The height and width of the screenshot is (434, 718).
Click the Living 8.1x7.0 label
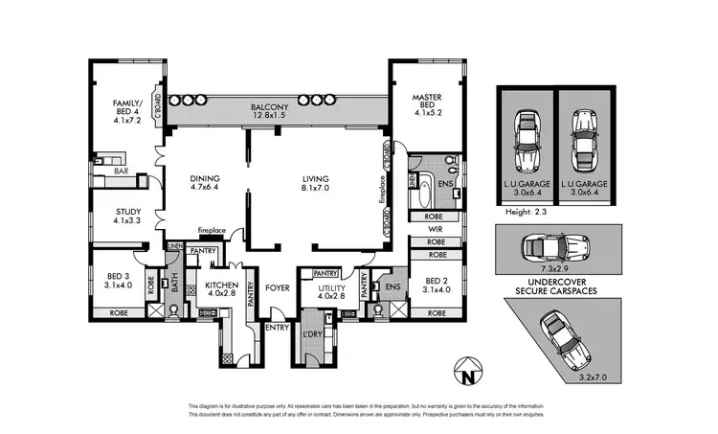click(x=315, y=183)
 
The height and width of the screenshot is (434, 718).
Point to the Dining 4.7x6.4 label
click(x=205, y=183)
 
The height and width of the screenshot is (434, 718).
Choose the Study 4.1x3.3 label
click(x=127, y=217)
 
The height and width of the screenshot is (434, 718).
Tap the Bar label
click(x=122, y=171)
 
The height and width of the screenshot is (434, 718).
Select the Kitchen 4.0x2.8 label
click(x=223, y=290)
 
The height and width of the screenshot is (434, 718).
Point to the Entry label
click(x=277, y=328)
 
